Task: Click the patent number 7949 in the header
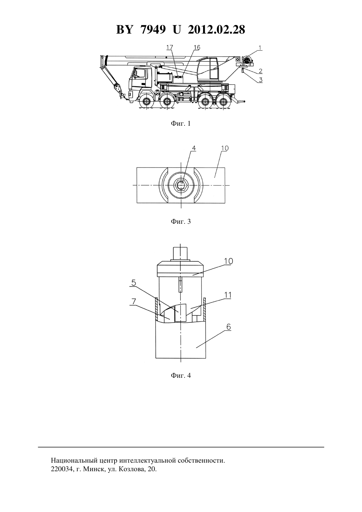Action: tap(153, 30)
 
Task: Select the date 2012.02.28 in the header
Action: tap(216, 30)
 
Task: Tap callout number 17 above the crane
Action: tap(169, 47)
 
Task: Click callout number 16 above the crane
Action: tap(197, 47)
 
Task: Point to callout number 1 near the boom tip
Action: tap(260, 47)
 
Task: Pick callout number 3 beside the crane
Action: tap(261, 80)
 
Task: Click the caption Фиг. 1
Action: tap(181, 124)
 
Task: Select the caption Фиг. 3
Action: tap(181, 221)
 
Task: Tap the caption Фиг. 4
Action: tap(181, 375)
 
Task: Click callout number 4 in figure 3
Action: tap(194, 148)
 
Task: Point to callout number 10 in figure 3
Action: tap(225, 148)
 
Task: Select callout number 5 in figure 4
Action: tap(134, 283)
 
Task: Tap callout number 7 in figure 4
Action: tap(134, 302)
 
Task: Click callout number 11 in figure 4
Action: tap(228, 295)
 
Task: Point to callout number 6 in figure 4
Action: tap(228, 327)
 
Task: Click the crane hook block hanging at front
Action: tap(118, 89)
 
